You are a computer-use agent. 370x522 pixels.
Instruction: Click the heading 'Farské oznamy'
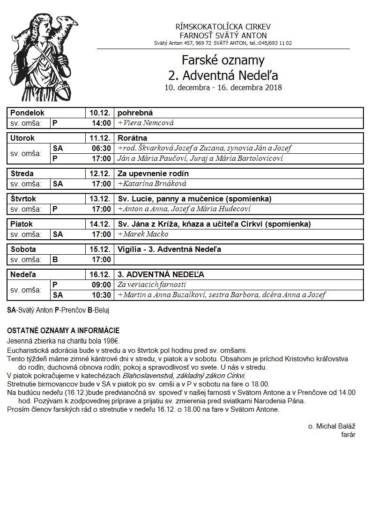point(223,60)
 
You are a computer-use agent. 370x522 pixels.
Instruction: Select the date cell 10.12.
point(100,113)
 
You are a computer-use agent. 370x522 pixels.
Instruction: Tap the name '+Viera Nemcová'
point(146,123)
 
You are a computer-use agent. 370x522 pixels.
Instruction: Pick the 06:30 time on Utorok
point(101,149)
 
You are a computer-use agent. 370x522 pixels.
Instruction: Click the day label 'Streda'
point(22,174)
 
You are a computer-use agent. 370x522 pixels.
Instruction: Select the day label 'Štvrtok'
point(23,199)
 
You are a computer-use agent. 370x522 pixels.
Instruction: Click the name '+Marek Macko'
point(143,234)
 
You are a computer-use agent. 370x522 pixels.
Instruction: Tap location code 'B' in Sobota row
point(55,259)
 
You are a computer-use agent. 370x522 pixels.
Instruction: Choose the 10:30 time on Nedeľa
point(101,295)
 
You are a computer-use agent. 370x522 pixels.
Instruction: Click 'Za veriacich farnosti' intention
point(152,285)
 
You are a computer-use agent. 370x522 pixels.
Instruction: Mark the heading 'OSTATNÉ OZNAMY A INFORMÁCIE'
point(63,331)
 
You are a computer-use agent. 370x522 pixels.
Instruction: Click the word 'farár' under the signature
point(348,435)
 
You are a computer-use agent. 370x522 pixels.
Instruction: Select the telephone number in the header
point(270,43)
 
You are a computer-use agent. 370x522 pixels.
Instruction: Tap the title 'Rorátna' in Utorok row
point(133,138)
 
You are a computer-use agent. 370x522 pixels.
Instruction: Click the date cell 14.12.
point(100,224)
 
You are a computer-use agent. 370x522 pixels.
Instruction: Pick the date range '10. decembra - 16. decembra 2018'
point(223,87)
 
